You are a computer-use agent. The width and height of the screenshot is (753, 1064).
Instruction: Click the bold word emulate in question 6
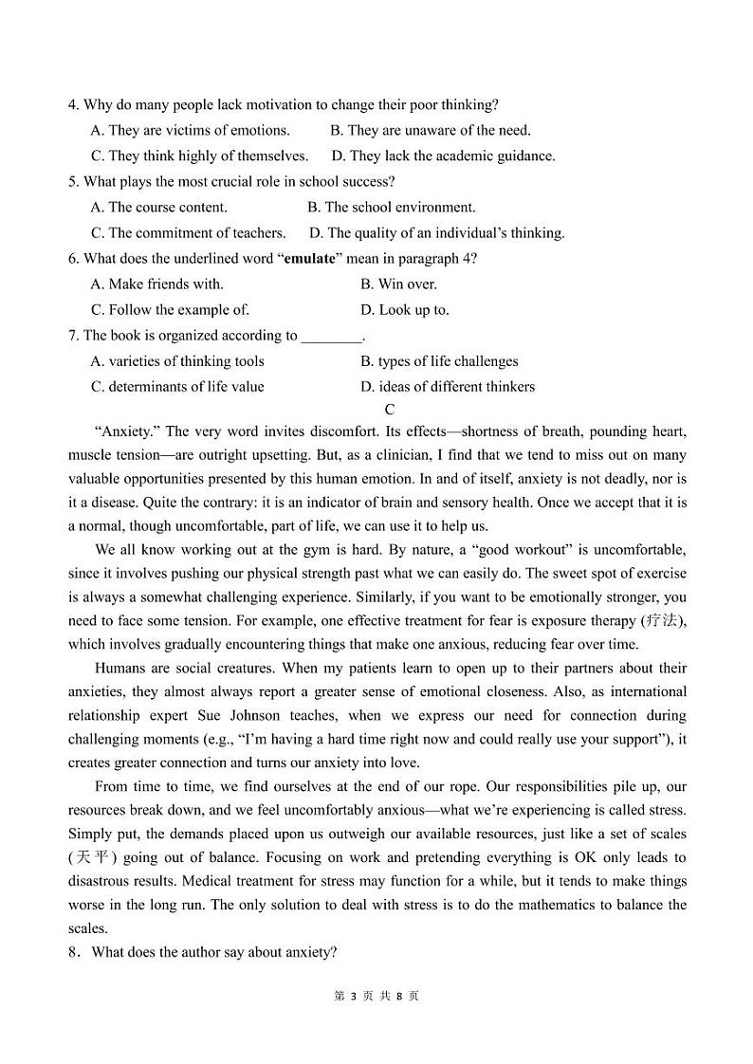[x=309, y=258]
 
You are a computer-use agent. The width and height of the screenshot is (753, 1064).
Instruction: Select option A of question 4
[x=190, y=130]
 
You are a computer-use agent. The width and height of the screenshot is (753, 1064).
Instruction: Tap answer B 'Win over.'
[x=398, y=284]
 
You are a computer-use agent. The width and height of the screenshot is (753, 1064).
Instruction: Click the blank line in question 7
[x=331, y=335]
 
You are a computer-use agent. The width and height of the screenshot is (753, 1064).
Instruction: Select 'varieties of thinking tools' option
[x=177, y=360]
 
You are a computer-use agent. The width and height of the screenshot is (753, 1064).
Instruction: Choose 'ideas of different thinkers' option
[x=447, y=386]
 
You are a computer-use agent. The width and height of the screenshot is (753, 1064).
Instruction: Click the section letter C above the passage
[x=389, y=410]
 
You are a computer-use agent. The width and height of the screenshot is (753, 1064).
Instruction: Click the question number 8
[x=73, y=952]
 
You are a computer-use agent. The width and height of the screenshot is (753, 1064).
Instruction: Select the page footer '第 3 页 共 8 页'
[x=376, y=996]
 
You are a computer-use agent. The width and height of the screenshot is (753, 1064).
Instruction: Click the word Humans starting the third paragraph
[x=120, y=669]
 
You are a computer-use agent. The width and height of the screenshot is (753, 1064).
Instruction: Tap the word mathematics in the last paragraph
[x=536, y=905]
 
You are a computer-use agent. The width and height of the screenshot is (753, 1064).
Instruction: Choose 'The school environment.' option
[x=391, y=207]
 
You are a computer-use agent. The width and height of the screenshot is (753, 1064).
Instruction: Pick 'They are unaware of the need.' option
[x=430, y=130]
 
